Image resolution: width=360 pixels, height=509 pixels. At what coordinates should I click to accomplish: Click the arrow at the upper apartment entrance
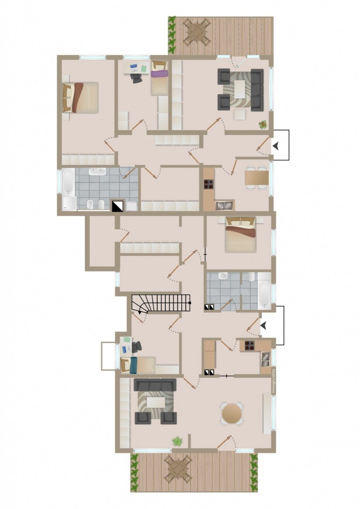coord(277,146)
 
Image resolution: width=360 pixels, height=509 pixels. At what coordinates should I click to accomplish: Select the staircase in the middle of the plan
coord(161,303)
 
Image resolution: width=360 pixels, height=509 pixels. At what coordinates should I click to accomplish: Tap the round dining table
coord(232,414)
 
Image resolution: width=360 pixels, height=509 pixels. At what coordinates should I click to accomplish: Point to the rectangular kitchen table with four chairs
coord(257,178)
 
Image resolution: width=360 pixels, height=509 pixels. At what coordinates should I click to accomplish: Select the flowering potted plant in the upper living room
coord(263,125)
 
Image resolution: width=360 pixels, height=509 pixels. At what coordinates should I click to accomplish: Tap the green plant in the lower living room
coord(177,441)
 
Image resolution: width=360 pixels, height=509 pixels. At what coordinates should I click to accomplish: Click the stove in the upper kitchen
coord(209,184)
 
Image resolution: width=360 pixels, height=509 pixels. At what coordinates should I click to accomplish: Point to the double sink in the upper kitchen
coord(224,204)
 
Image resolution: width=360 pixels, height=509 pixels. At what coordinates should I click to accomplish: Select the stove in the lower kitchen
coord(250,346)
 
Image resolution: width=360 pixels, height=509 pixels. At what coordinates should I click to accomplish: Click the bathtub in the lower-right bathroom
coord(265,294)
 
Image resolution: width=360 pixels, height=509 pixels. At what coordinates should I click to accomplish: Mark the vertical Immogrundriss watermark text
coord(274,381)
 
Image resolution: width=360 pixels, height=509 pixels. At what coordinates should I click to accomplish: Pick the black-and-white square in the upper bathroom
coord(118,206)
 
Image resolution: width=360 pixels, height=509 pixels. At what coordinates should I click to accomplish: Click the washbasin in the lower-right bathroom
coord(223,276)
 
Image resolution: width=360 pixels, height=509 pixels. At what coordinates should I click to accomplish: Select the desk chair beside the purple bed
coord(137,78)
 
